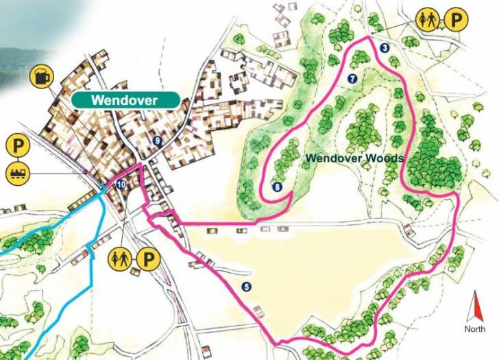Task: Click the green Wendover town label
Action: coord(125,100)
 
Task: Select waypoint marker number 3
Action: coord(385,47)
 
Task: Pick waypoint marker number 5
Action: coord(247,286)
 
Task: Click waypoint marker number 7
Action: coord(352,78)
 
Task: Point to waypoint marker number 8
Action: coord(277,187)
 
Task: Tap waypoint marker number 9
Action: coord(158,141)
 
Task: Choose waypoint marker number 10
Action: coord(121,184)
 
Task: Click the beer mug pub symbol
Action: coord(41,76)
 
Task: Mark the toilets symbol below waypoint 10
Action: coord(121,259)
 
